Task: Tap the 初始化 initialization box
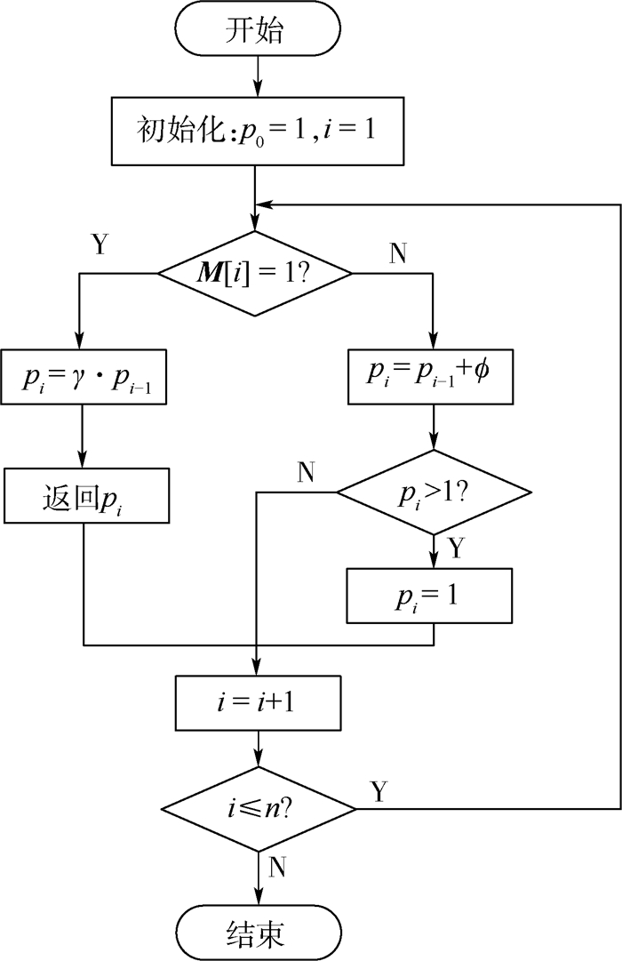coord(255,132)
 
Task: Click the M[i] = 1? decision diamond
coord(256,274)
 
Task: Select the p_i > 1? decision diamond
coord(434,492)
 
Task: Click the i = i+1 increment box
coord(257,703)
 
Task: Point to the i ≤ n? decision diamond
coord(257,809)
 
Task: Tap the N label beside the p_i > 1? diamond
coord(306,472)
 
